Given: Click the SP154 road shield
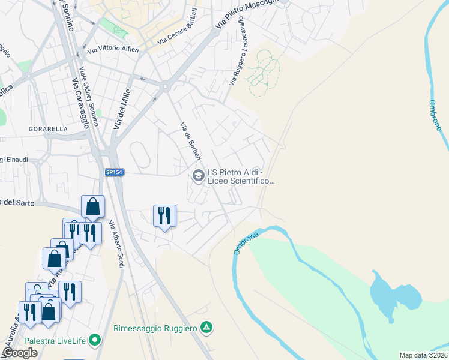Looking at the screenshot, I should [113, 172].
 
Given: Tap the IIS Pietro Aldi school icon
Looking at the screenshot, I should [197, 176].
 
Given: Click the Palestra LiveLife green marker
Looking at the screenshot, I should [94, 341].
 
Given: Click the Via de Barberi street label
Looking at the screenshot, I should [190, 141].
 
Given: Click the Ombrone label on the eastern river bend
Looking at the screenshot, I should [436, 116].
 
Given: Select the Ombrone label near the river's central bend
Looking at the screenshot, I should [246, 242].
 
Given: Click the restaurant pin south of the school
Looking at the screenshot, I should [164, 214].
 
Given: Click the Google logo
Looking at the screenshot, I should [19, 353].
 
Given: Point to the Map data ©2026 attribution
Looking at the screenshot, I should [424, 355].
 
